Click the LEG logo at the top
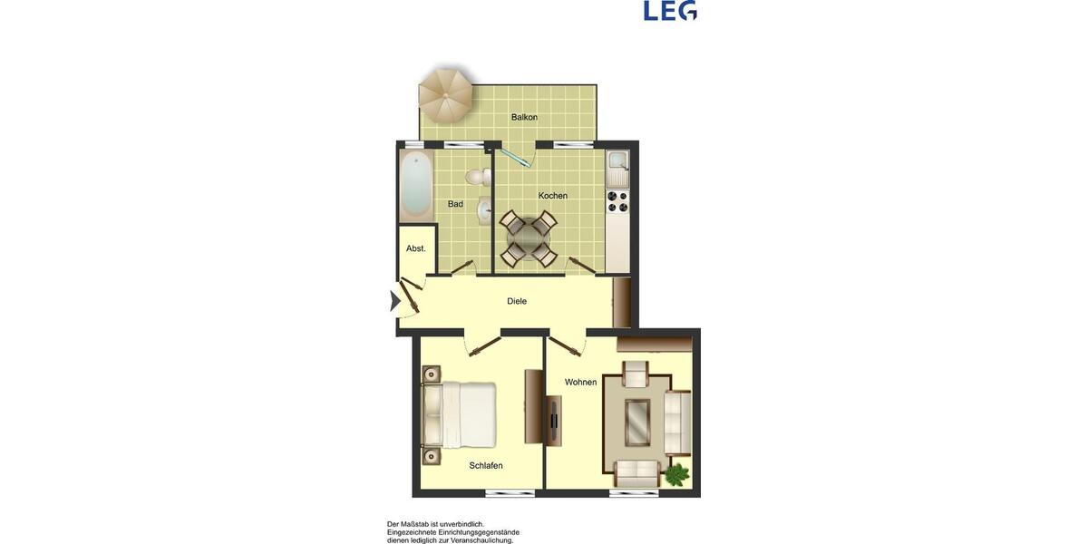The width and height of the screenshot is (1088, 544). pos(670,11)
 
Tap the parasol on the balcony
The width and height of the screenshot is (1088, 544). pos(446,94)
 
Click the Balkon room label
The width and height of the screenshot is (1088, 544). pos(524,117)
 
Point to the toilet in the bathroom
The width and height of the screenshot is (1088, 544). pos(479,176)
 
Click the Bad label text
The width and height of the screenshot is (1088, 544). pos(455,204)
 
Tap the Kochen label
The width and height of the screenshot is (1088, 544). pos(553,196)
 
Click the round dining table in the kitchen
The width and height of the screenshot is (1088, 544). pos(529,238)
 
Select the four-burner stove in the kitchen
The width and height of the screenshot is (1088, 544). pos(617,201)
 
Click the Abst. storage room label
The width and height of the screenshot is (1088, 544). pos(416,248)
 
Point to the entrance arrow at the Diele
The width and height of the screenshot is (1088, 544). pos(394,301)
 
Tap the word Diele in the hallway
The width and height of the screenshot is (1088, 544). pos(517,301)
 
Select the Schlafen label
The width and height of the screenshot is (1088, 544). pos(486,465)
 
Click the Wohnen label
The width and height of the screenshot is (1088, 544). pos(580,382)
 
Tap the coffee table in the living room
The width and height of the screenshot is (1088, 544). pos(638,420)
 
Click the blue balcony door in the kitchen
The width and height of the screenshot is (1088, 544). pos(515,158)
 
